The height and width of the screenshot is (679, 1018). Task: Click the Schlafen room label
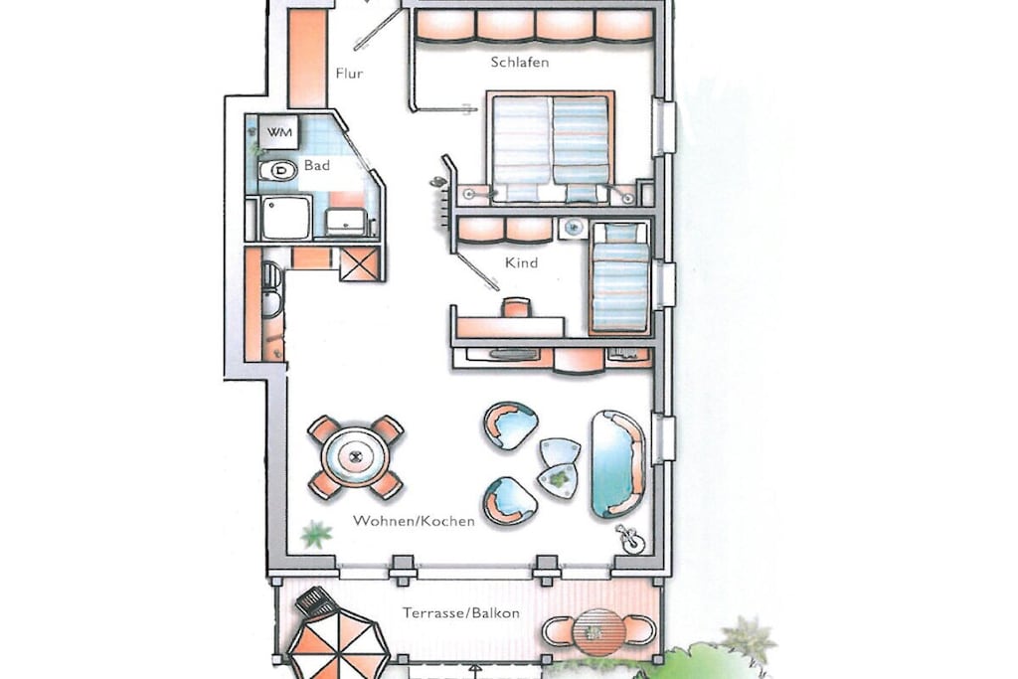pyautogui.click(x=519, y=63)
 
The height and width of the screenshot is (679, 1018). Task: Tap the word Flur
pyautogui.click(x=349, y=74)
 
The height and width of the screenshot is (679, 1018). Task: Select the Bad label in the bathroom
pyautogui.click(x=317, y=166)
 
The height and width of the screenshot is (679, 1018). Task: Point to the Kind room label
pyautogui.click(x=521, y=262)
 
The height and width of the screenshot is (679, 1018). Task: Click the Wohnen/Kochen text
pyautogui.click(x=414, y=521)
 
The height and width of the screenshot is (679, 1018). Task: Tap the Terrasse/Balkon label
pyautogui.click(x=461, y=612)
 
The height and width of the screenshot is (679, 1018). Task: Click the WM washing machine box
pyautogui.click(x=279, y=132)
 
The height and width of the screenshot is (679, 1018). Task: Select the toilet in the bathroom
pyautogui.click(x=277, y=171)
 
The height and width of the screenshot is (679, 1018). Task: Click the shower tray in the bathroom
pyautogui.click(x=285, y=218)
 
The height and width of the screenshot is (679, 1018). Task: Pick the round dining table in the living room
pyautogui.click(x=356, y=456)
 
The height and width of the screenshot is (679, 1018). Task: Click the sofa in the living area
pyautogui.click(x=616, y=464)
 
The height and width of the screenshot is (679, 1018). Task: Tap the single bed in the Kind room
pyautogui.click(x=619, y=277)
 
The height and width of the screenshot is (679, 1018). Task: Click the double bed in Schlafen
pyautogui.click(x=550, y=148)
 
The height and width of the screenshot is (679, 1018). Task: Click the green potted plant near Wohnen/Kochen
pyautogui.click(x=316, y=534)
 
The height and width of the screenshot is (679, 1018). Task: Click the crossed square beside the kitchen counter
pyautogui.click(x=358, y=264)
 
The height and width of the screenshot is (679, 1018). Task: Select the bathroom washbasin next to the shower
pyautogui.click(x=346, y=221)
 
